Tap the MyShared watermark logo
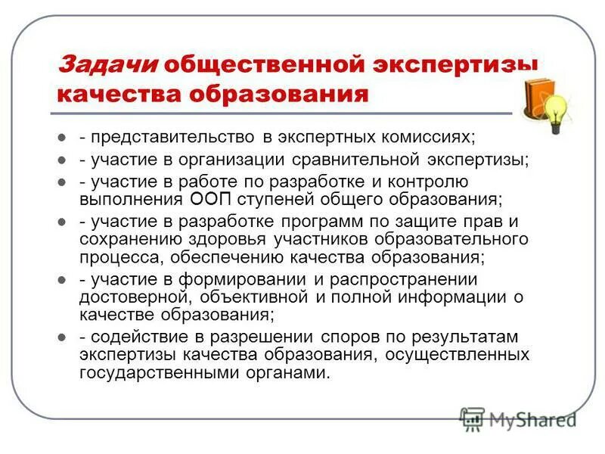pos(518,418)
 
